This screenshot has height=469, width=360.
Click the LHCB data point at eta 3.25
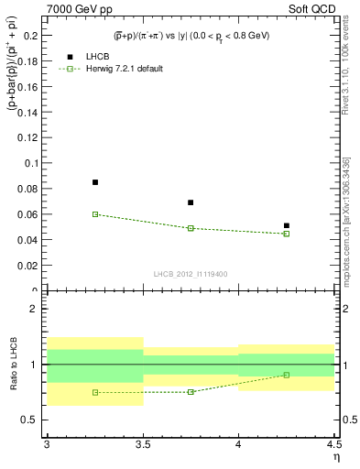[x=95, y=182]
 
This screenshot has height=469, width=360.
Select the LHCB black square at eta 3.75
[x=191, y=202]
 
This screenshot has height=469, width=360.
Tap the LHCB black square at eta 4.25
[x=287, y=225]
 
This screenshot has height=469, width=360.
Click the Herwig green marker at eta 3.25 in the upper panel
[x=95, y=214]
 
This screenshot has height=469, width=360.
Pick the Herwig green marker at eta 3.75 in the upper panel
[x=191, y=228]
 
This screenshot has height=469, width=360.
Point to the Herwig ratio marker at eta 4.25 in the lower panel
[x=287, y=375]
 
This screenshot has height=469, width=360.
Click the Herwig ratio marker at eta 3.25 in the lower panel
[x=95, y=392]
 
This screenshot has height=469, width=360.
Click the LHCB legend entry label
[x=98, y=56]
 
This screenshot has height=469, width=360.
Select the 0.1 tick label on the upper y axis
[x=34, y=163]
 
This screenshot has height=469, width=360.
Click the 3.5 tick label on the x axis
[x=143, y=444]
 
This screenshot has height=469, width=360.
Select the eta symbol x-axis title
[x=335, y=455]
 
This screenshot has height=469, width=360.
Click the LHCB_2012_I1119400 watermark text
[x=191, y=274]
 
